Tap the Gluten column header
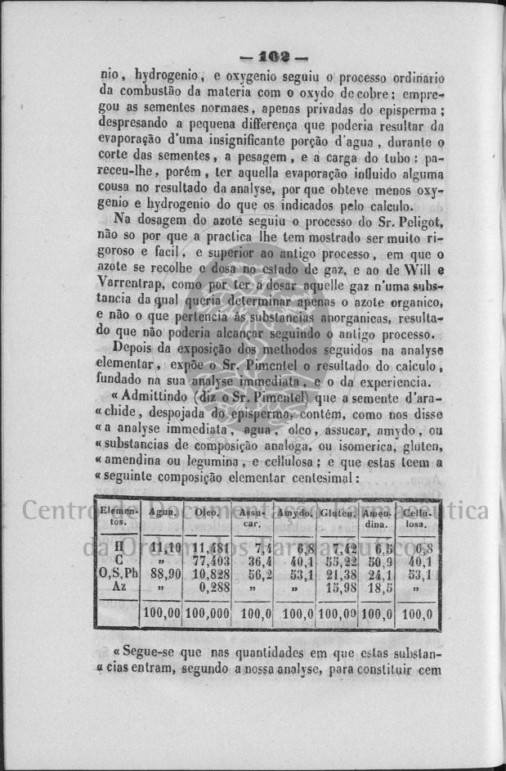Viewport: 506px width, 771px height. coord(337,512)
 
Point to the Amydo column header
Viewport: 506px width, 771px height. coord(294,512)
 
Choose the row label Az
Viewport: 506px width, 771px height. coord(119,586)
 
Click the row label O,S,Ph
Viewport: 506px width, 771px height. coord(119,574)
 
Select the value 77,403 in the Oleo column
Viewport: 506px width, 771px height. coord(210,561)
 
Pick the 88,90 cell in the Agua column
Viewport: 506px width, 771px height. coord(163,574)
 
